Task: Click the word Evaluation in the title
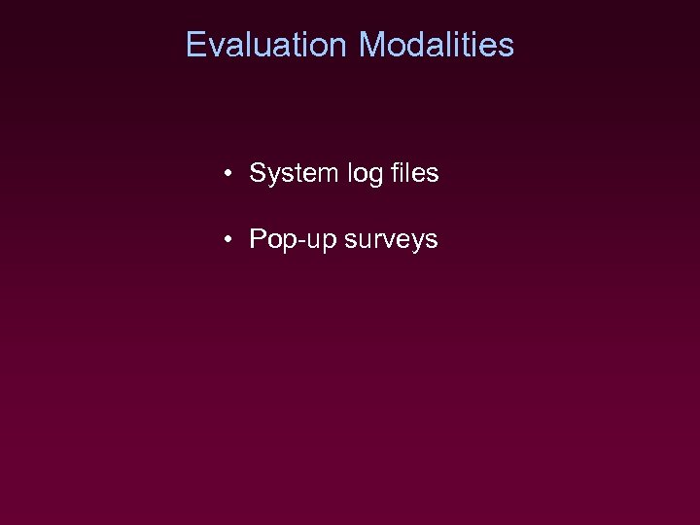[x=265, y=45]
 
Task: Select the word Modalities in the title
[x=436, y=45]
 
